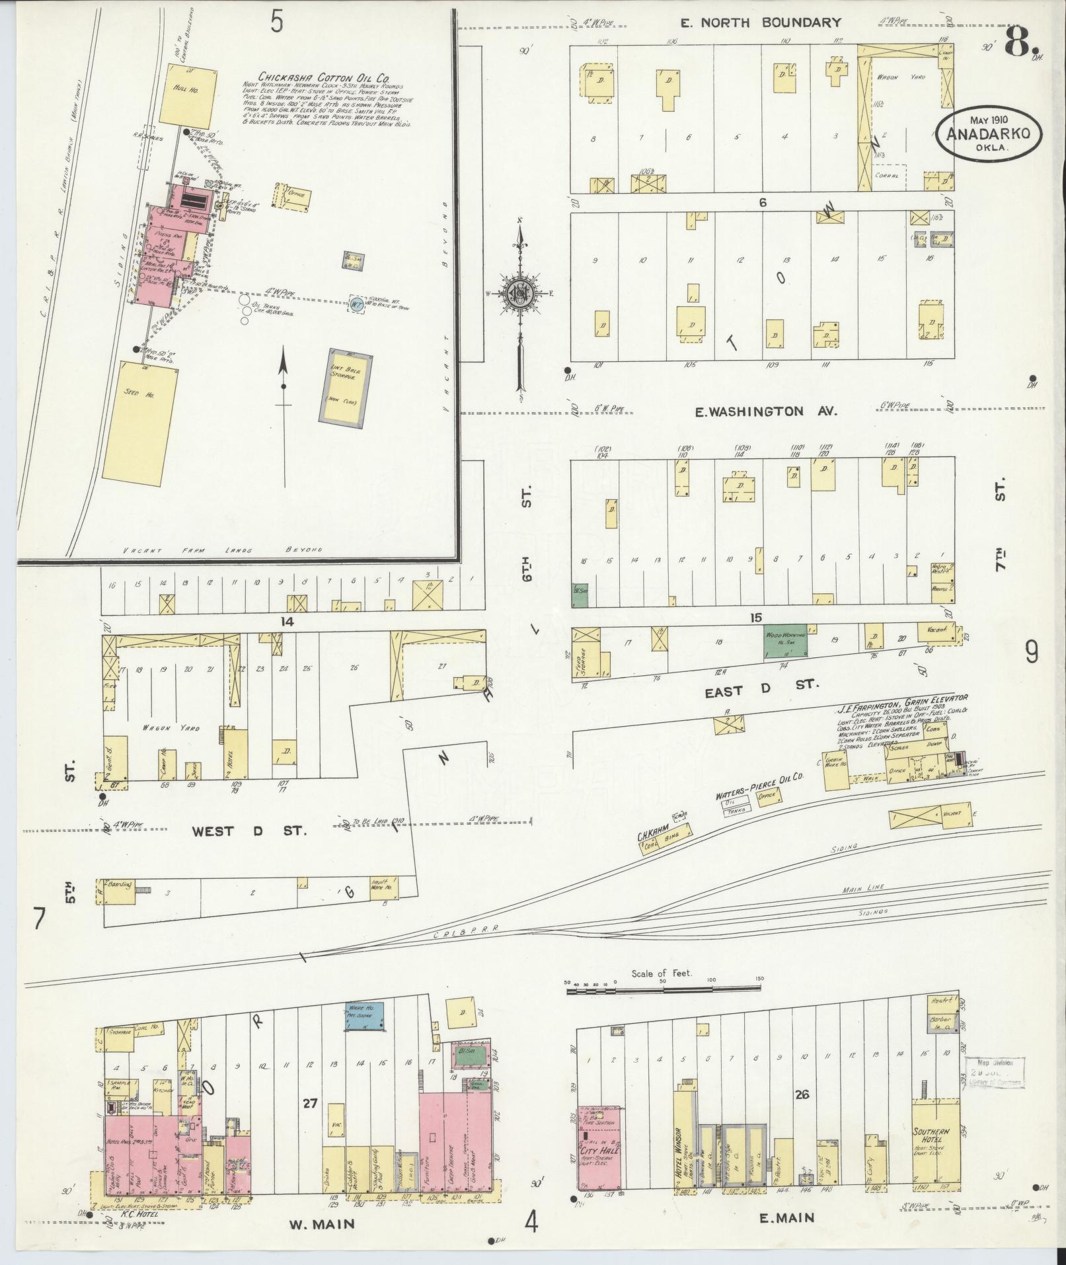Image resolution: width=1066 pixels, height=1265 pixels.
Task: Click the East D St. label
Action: coord(761,685)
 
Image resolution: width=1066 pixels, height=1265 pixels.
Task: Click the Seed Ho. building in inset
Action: coord(139,420)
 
